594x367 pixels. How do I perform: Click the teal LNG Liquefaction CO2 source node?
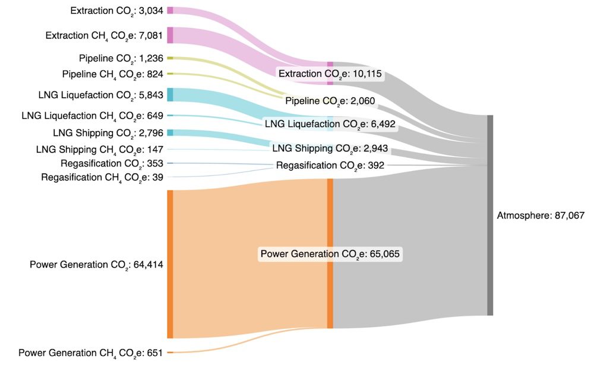(x=170, y=94)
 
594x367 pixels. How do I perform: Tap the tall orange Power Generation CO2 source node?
(x=170, y=264)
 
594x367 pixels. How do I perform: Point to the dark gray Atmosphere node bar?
(x=490, y=216)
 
